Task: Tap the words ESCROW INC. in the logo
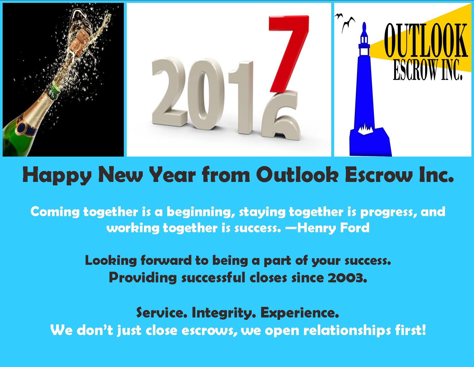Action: tap(428, 70)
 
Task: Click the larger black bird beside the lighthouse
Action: tap(348, 24)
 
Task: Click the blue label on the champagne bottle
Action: tap(26, 128)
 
